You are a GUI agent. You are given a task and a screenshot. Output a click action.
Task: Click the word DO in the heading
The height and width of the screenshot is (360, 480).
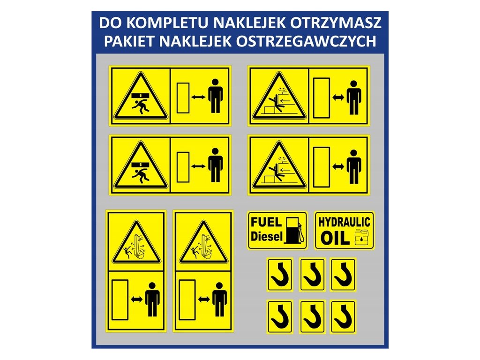(110, 23)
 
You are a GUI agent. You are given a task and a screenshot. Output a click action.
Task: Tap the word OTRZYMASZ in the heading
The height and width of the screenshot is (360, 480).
(336, 23)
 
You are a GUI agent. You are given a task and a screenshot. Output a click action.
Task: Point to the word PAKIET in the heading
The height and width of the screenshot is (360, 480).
(129, 41)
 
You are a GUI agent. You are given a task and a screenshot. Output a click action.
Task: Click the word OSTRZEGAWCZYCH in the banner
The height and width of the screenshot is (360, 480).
(306, 41)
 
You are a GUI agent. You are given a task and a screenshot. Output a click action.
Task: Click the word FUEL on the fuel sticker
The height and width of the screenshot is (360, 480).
(266, 222)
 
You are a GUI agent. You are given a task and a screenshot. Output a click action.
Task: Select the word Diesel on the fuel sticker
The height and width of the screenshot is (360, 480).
(267, 236)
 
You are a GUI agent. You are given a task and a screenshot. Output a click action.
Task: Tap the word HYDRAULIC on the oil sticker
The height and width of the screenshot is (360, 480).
(345, 222)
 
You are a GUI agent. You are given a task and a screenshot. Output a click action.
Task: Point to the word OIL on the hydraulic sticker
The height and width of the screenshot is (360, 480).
(335, 238)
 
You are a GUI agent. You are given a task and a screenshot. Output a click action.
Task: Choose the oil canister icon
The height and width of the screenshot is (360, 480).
(362, 237)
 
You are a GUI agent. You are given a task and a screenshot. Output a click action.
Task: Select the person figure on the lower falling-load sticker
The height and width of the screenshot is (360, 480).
(216, 165)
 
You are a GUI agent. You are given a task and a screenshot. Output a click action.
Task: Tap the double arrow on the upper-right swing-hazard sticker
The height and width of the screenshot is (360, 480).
(338, 97)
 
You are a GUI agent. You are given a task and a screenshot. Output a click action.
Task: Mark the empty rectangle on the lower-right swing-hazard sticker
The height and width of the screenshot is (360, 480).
(322, 167)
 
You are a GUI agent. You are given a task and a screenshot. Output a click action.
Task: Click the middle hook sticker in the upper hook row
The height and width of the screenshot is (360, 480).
(312, 275)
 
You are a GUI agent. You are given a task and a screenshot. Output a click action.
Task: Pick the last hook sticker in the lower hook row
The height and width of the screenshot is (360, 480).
(343, 317)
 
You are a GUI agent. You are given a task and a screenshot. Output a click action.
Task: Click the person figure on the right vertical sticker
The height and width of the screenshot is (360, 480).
(219, 299)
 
